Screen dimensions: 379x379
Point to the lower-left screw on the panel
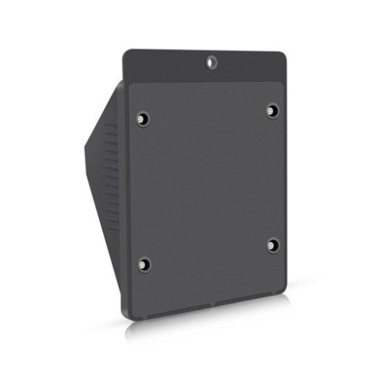pyautogui.click(x=144, y=264)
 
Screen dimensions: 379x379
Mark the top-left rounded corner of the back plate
pyautogui.click(x=127, y=54)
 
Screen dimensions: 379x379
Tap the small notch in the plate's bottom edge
pyautogui.click(x=215, y=304)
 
